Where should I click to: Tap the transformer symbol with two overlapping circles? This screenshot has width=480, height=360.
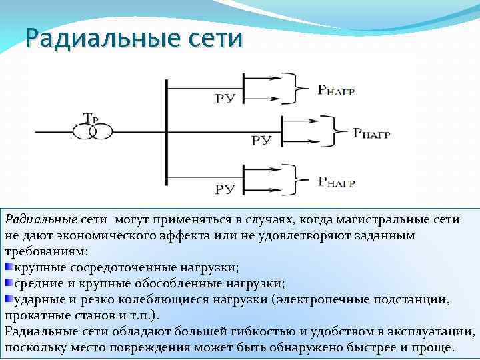[x=93, y=131]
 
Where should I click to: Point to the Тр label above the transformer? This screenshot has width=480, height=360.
[x=91, y=117]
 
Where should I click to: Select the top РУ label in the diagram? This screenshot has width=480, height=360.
[x=225, y=99]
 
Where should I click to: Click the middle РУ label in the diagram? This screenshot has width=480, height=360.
[x=261, y=141]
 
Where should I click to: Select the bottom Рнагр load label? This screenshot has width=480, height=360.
[x=336, y=181]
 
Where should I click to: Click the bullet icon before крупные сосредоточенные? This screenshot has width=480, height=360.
[x=9, y=267]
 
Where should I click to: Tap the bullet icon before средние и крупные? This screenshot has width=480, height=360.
[x=9, y=283]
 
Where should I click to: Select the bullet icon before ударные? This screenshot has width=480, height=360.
[x=9, y=298]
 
